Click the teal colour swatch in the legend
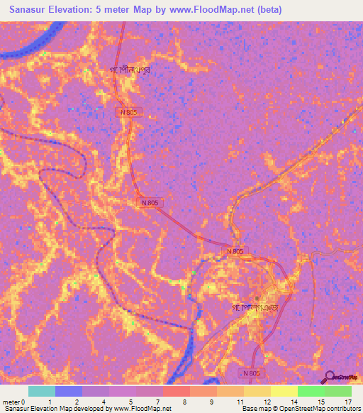tap(41, 391)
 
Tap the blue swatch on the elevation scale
tap(69, 391)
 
